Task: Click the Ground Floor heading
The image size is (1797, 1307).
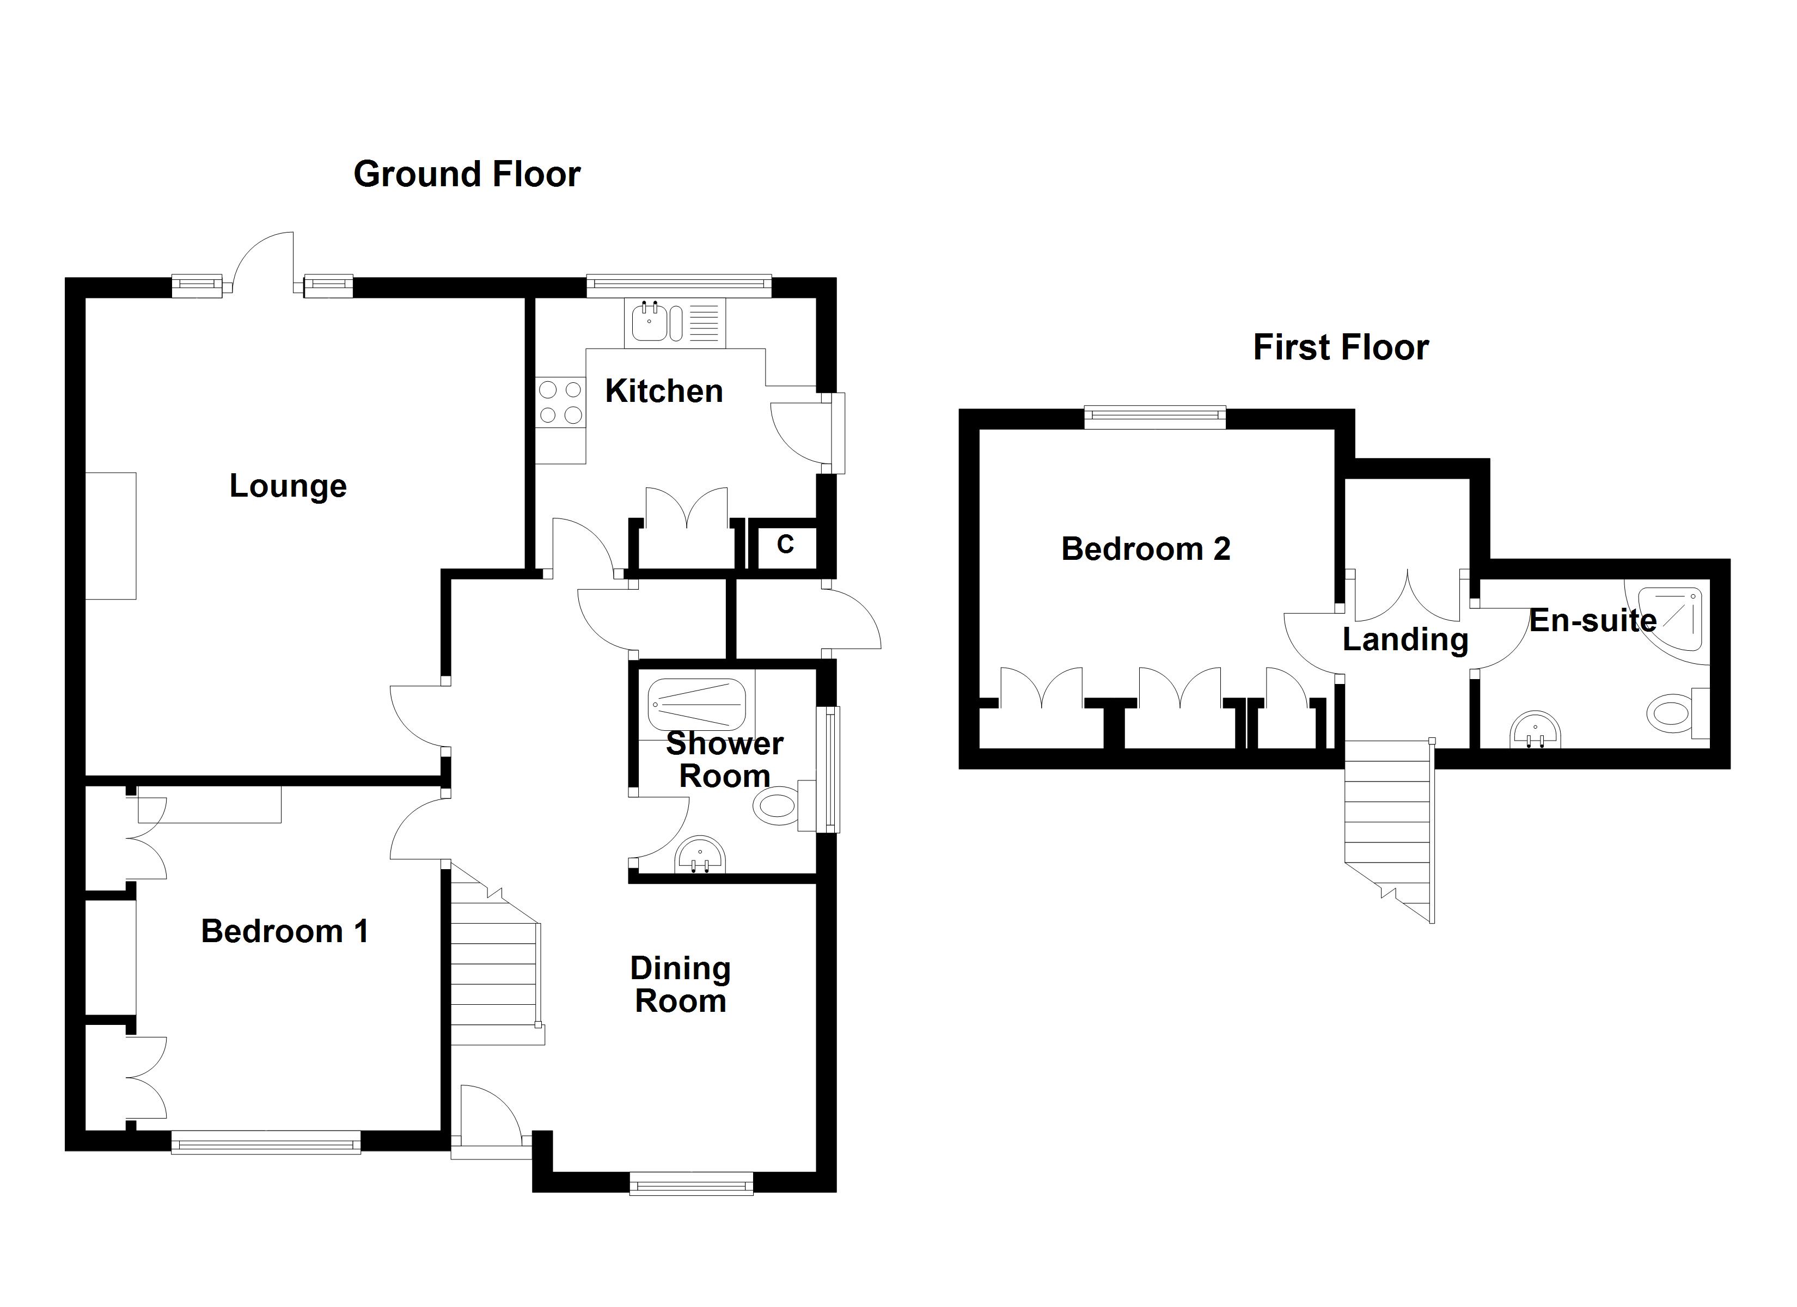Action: click(467, 174)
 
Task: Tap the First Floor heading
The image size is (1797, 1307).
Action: click(1341, 347)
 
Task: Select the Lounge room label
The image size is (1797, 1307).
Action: click(288, 486)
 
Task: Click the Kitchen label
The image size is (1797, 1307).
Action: click(664, 391)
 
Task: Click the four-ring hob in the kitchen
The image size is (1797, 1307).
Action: click(560, 402)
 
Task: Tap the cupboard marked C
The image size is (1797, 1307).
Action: click(784, 545)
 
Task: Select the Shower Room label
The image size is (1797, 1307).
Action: click(724, 759)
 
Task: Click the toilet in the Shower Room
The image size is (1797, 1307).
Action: click(777, 807)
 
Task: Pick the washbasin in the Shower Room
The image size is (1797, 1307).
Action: click(700, 856)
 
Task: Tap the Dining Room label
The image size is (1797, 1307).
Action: click(680, 985)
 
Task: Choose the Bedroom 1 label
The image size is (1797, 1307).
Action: click(284, 931)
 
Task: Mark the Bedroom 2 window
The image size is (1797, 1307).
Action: click(1154, 417)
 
